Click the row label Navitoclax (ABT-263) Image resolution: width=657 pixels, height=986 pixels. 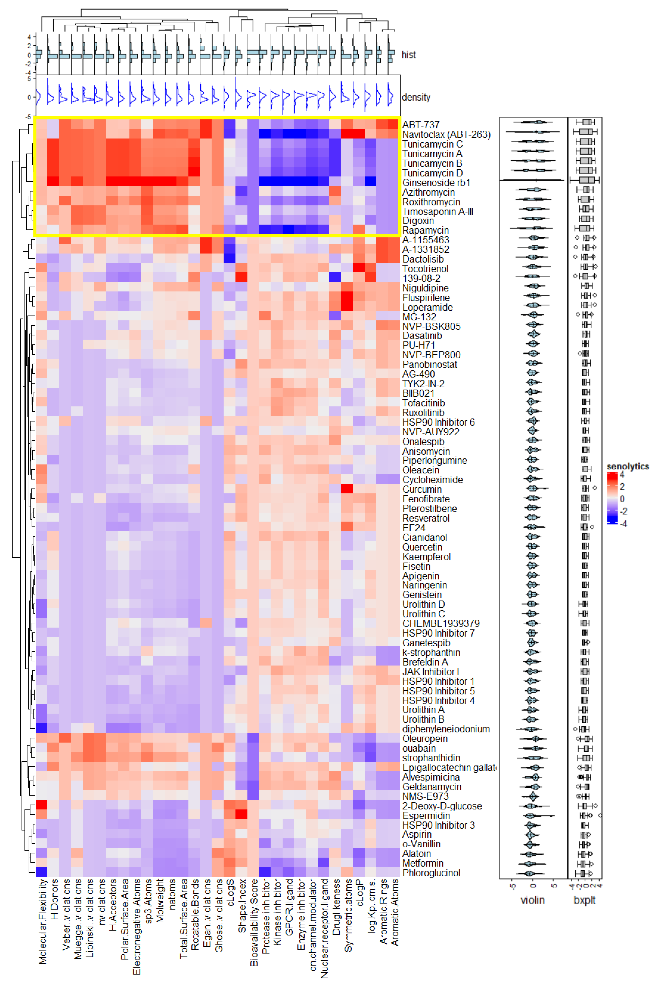pos(446,135)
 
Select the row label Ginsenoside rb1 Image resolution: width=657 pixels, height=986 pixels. pos(436,183)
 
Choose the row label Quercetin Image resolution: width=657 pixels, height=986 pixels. pos(422,547)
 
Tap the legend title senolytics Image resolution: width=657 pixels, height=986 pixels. pos(627,466)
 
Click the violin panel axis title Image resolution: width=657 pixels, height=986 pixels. pos(532,900)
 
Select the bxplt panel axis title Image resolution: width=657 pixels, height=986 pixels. pos(584,900)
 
